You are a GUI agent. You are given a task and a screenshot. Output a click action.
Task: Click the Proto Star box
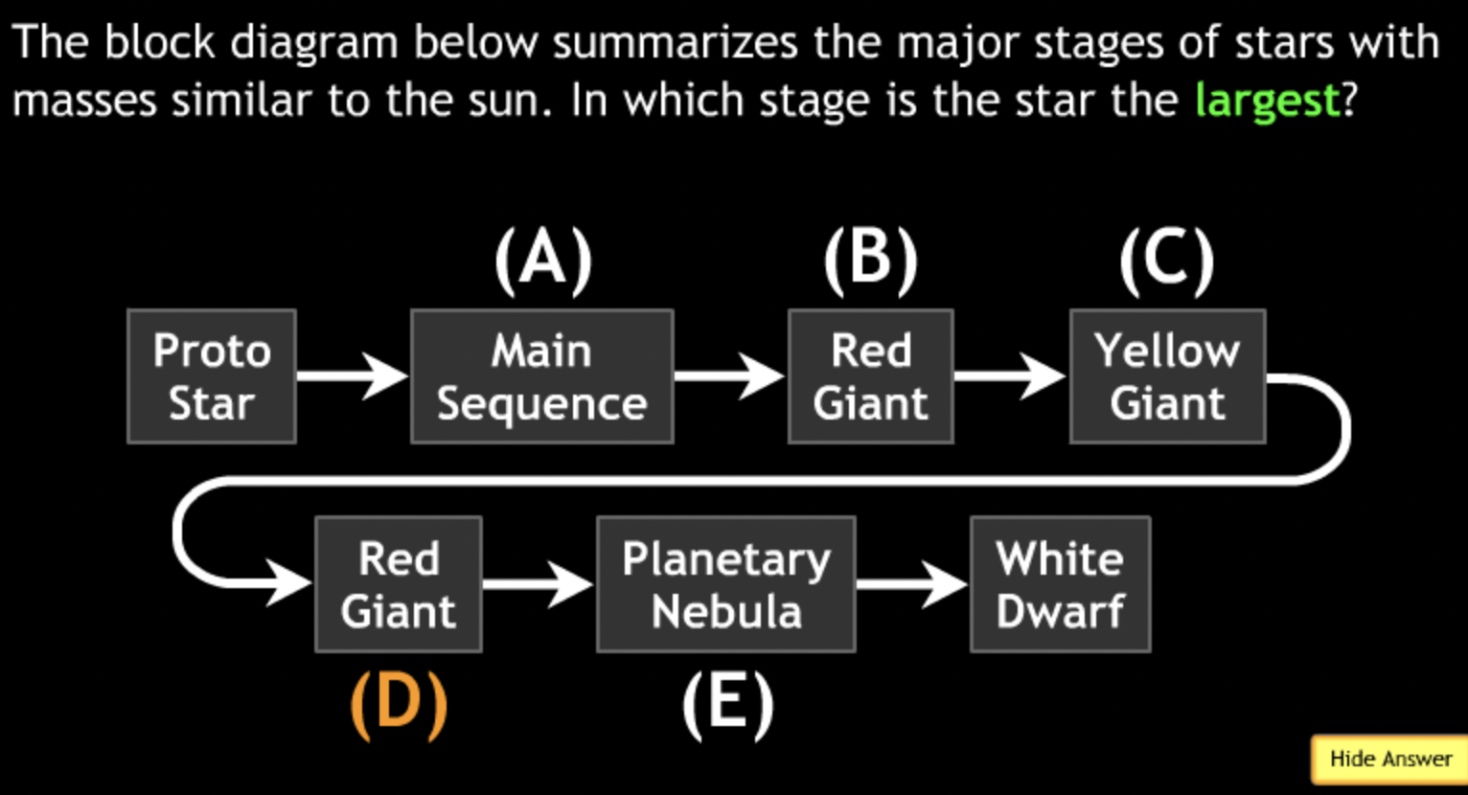point(212,376)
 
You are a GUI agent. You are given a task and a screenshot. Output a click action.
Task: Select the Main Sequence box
point(541,376)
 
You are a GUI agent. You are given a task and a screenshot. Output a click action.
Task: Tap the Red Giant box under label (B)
point(870,376)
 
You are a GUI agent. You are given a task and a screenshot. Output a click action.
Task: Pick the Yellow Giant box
point(1167,376)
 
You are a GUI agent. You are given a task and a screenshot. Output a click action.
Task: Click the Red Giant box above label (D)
point(398,584)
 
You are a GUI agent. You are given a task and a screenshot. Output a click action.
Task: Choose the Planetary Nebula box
point(725,584)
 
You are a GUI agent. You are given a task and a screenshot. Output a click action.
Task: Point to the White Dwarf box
point(1060,584)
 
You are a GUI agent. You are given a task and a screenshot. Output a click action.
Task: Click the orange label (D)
point(399,704)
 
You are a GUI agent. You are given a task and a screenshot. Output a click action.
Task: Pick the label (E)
point(727,704)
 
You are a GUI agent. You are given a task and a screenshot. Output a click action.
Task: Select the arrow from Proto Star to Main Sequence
point(352,375)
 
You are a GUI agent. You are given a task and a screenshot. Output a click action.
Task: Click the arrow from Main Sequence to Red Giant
point(729,375)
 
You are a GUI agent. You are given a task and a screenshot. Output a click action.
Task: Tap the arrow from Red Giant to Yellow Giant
point(1010,375)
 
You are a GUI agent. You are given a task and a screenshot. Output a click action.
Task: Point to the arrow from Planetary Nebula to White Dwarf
point(911,582)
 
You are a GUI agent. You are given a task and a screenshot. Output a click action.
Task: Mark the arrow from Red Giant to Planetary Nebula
point(538,582)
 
